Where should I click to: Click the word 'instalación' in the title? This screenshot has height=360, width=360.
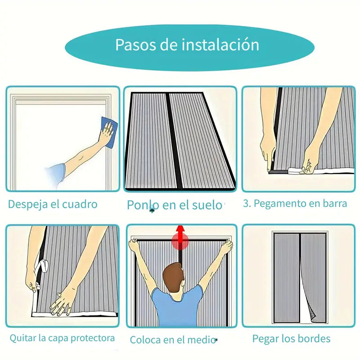point(220,45)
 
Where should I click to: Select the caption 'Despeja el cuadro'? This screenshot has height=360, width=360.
point(53,204)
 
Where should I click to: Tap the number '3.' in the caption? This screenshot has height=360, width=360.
point(247,203)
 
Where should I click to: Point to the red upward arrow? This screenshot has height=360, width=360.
point(181,237)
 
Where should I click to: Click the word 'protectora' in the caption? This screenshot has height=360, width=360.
point(93,338)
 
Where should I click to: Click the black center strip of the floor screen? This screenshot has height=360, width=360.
point(174,140)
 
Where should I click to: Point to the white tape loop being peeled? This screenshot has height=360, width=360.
point(42,265)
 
